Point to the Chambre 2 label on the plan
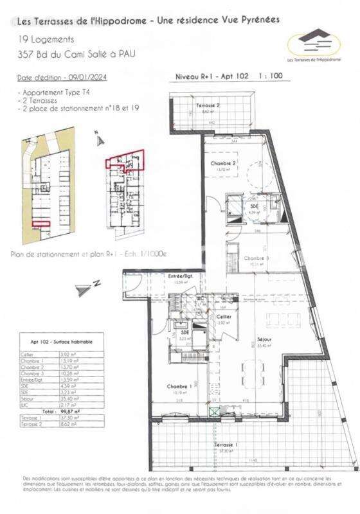[x=224, y=164]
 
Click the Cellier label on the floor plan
[x=224, y=317]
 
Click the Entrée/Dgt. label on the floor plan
[x=181, y=276]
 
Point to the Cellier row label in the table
[x=26, y=355]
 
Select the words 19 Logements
[x=38, y=39]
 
